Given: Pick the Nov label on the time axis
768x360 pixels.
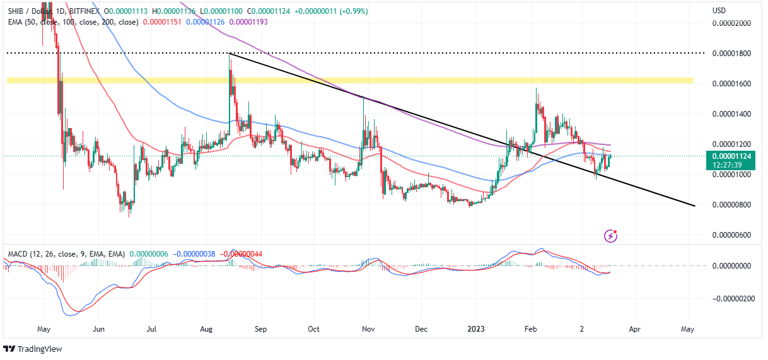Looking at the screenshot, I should coord(369,328).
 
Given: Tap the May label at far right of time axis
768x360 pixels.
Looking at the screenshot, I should coord(688,328).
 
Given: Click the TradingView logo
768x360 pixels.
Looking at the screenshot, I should coord(36,349).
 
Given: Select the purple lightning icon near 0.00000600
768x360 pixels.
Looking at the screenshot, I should coord(610,236).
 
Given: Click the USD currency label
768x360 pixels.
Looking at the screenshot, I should coord(719,11).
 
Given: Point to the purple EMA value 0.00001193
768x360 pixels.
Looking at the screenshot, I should coord(250,22).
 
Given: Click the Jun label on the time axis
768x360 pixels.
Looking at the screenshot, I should coord(98,328).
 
